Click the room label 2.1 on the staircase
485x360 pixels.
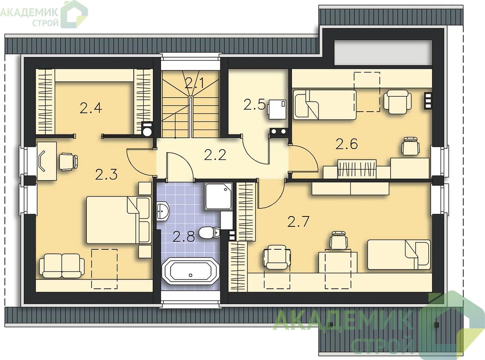click(x=194, y=83)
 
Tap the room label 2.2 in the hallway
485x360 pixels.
click(x=215, y=155)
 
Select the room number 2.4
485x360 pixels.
click(x=90, y=108)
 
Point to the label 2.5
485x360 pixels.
click(x=254, y=104)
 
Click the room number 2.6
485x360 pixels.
click(x=347, y=144)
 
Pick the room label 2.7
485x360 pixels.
click(x=298, y=222)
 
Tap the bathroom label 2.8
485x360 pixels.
click(x=184, y=237)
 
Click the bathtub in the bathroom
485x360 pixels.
click(x=191, y=271)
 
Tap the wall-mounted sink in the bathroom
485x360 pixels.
click(x=163, y=211)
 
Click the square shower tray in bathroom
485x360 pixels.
click(x=218, y=197)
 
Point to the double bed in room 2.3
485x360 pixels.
click(x=118, y=220)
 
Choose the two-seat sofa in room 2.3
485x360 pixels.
click(x=62, y=265)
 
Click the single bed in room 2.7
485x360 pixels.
click(x=399, y=255)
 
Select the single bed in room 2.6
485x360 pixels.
click(x=324, y=105)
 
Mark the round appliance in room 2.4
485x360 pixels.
click(x=147, y=130)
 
